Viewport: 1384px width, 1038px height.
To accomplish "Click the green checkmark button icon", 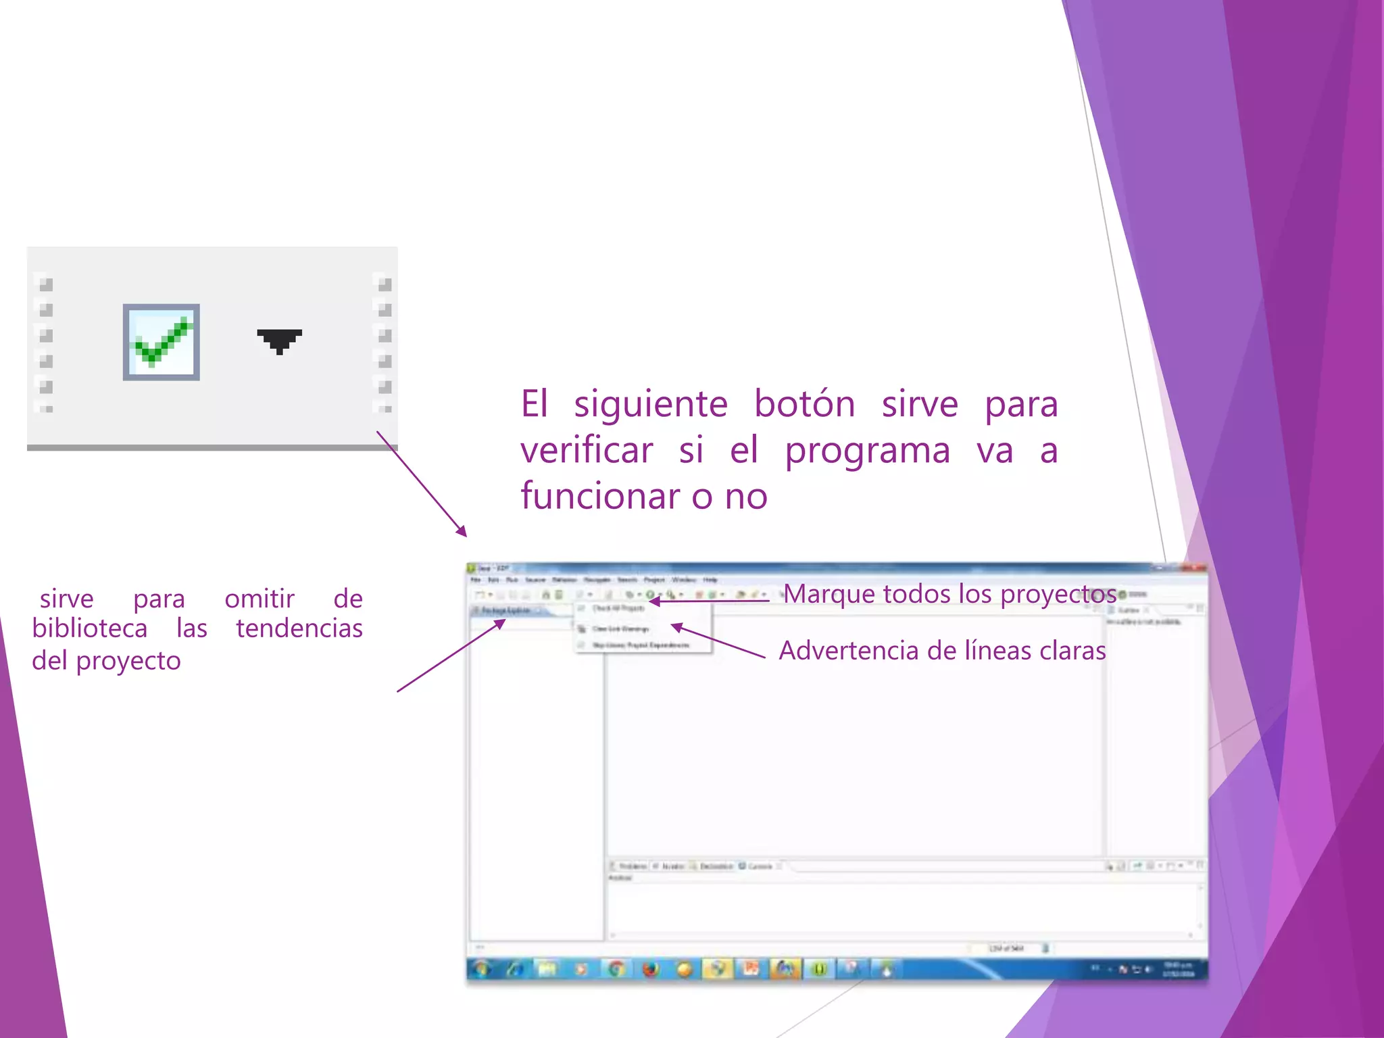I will tap(161, 342).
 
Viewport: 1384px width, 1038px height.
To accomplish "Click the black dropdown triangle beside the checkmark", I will tap(279, 340).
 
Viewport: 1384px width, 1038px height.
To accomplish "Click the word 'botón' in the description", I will tap(804, 404).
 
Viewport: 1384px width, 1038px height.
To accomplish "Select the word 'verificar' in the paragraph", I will tap(587, 450).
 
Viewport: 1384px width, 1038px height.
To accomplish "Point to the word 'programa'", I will tap(867, 451).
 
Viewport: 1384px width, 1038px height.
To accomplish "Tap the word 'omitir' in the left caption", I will tap(259, 599).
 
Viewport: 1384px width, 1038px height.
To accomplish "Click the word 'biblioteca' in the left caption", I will tap(89, 628).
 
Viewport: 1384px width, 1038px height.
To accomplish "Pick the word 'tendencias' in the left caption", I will tap(299, 628).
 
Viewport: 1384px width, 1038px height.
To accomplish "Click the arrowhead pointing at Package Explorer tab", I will tap(501, 622).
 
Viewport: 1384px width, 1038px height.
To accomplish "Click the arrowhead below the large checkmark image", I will tap(462, 532).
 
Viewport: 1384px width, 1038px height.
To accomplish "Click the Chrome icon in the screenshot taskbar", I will tap(616, 969).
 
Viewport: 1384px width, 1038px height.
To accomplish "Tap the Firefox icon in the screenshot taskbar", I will tap(650, 969).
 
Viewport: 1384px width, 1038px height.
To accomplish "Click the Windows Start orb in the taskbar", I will tap(481, 969).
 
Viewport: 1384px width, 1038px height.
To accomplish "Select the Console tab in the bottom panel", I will tap(758, 866).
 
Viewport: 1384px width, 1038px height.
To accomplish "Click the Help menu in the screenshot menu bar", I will tap(710, 580).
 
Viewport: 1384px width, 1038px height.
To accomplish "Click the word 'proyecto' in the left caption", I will tap(128, 661).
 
